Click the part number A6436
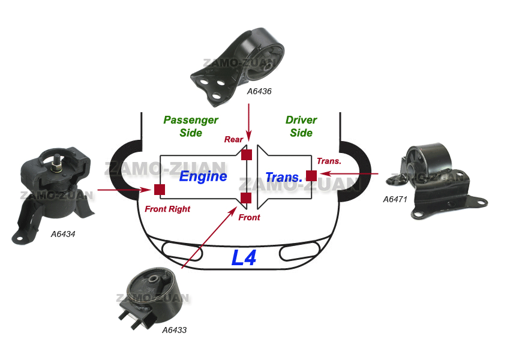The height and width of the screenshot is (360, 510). (259, 92)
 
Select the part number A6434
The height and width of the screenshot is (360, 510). (63, 234)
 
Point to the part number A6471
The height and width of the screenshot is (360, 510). (396, 199)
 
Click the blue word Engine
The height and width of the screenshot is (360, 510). (203, 176)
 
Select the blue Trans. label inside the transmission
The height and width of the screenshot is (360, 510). (283, 178)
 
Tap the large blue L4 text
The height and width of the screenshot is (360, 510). (244, 258)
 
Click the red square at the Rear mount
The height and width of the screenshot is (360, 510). (246, 155)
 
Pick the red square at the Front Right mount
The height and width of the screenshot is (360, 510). (160, 190)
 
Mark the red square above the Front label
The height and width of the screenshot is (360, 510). (245, 199)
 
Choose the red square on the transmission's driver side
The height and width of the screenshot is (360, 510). (311, 175)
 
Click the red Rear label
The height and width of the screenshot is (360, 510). (233, 140)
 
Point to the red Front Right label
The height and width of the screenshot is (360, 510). (167, 209)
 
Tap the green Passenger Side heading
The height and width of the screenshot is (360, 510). (191, 126)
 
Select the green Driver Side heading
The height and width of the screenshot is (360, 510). (301, 126)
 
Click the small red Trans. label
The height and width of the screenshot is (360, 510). (329, 161)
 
